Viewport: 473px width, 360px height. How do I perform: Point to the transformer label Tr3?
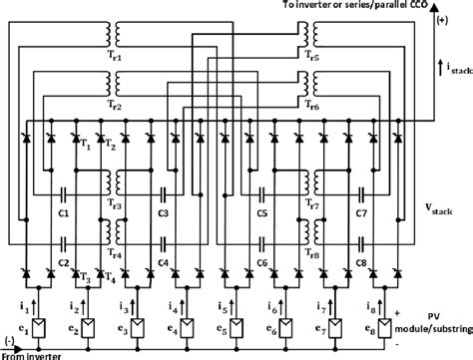pos(116,204)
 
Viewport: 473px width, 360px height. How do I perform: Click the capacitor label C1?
pos(62,212)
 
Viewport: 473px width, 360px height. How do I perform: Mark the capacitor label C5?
pos(261,212)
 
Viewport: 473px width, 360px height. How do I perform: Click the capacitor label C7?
pos(361,212)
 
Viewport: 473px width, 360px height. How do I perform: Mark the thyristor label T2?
pos(111,146)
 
